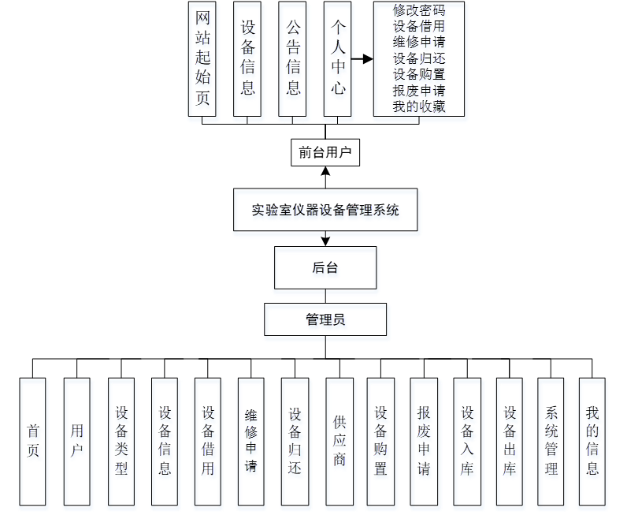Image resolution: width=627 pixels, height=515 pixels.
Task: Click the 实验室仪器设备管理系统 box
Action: click(325, 210)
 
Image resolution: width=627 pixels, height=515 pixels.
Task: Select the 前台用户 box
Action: click(325, 152)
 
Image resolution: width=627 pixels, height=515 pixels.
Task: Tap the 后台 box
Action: click(325, 268)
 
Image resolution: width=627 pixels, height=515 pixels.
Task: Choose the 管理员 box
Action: click(325, 319)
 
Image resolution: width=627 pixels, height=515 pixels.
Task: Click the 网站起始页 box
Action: click(202, 59)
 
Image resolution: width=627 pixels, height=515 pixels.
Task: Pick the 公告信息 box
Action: click(293, 59)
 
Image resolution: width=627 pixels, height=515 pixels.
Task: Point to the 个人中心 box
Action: click(338, 59)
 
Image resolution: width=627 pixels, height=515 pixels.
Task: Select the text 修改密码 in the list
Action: click(419, 11)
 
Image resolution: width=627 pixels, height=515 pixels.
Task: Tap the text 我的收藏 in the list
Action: click(419, 106)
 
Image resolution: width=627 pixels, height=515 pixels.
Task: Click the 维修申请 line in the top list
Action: click(419, 43)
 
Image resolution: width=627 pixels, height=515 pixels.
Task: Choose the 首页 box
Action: click(33, 441)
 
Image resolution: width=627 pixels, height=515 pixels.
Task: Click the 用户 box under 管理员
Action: click(76, 441)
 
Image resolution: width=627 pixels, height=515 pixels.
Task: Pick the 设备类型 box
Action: click(121, 441)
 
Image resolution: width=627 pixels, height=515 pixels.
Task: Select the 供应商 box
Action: click(339, 441)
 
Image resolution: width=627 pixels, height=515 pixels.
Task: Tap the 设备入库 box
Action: click(467, 441)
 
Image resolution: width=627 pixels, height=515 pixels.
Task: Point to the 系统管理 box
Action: click(551, 441)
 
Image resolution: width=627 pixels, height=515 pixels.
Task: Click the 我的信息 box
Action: click(592, 441)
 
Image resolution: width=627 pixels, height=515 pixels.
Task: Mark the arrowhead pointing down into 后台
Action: click(325, 240)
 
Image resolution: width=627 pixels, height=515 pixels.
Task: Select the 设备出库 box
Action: click(510, 441)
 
